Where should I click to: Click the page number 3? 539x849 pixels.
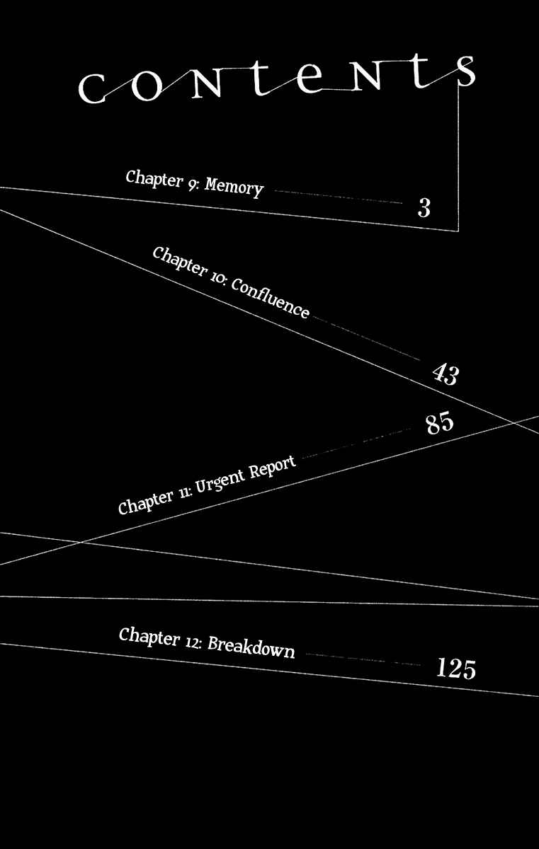(424, 208)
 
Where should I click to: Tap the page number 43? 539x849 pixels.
(446, 374)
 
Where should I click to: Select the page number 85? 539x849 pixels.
(440, 422)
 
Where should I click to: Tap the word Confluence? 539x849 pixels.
(270, 298)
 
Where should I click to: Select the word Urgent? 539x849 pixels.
(220, 480)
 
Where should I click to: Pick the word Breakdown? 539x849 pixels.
(251, 647)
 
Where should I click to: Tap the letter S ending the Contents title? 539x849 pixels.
(466, 71)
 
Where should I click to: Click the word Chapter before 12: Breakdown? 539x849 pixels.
(149, 637)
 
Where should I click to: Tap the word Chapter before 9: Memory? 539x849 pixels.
(154, 179)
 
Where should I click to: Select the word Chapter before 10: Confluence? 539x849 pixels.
(180, 261)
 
